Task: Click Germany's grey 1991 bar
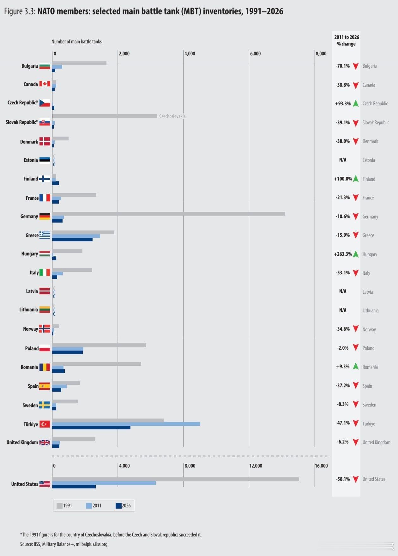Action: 168,214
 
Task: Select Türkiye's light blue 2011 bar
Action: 126,424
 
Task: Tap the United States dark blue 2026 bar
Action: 74,486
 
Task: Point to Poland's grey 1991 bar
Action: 99,345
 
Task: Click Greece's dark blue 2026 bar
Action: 72,240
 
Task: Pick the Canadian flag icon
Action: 45,84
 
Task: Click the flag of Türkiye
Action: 45,424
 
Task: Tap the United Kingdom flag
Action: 45,442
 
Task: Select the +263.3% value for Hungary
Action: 343,254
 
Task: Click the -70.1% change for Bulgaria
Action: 343,66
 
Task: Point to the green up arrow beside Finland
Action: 356,179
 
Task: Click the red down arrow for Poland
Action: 356,348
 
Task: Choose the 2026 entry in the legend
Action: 123,505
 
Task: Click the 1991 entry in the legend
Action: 64,505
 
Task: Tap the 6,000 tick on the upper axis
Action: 256,53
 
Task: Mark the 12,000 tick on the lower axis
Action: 256,466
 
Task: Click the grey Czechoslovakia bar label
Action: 172,116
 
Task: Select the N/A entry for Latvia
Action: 343,291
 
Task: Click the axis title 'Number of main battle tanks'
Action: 77,41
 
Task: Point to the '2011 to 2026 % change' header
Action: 347,40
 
